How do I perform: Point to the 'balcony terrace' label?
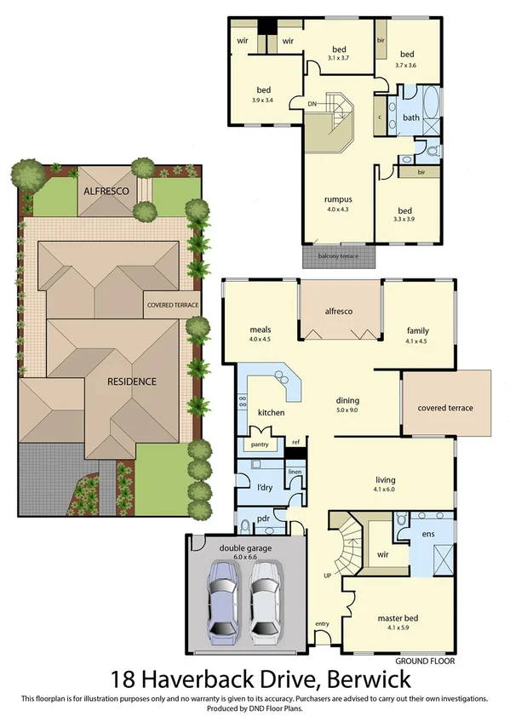click(x=338, y=255)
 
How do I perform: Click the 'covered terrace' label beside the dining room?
click(x=445, y=408)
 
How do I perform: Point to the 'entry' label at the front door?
click(x=322, y=624)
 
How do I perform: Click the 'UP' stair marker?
click(x=328, y=576)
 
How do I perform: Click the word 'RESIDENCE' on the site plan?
click(x=132, y=381)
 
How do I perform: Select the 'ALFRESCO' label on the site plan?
click(x=106, y=192)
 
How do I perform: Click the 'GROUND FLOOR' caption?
click(x=425, y=661)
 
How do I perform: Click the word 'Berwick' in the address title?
click(x=362, y=680)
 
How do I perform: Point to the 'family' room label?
click(x=417, y=330)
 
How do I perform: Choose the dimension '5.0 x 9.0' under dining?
click(x=347, y=410)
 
